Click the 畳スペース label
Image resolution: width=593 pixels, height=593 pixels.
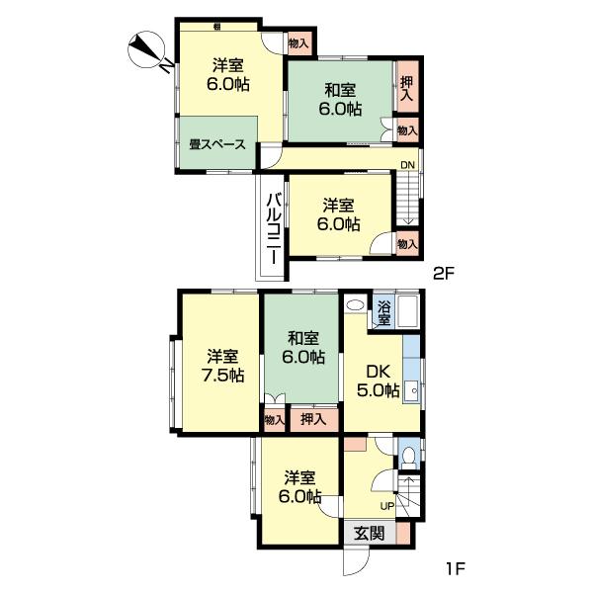pyautogui.click(x=217, y=144)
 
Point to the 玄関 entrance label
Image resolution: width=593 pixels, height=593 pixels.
pyautogui.click(x=370, y=532)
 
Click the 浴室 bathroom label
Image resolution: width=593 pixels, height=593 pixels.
pyautogui.click(x=383, y=310)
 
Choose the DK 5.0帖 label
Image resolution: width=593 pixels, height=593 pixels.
pyautogui.click(x=378, y=381)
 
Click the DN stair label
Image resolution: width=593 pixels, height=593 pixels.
pyautogui.click(x=407, y=164)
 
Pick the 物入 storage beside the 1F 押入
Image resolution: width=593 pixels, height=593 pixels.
pyautogui.click(x=274, y=419)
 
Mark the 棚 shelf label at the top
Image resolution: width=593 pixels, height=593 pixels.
pyautogui.click(x=216, y=26)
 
